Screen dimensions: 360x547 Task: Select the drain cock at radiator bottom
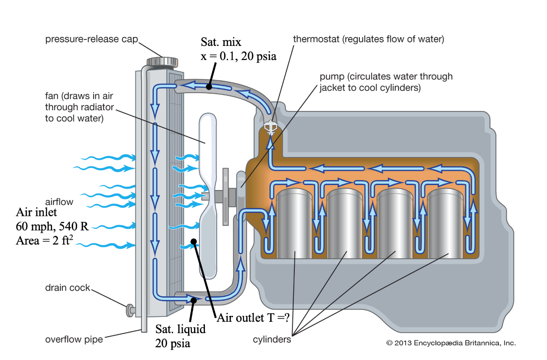point(131,310)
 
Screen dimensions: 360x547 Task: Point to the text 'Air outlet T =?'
point(253,318)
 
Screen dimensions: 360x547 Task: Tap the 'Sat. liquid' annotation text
point(180,329)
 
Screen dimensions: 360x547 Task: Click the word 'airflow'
point(59,201)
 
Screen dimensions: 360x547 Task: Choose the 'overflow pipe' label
point(74,339)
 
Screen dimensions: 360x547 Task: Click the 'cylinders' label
point(272,339)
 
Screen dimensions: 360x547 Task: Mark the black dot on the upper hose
point(209,86)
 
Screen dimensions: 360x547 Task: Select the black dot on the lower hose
point(194,300)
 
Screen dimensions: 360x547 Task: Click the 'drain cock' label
point(67,288)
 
